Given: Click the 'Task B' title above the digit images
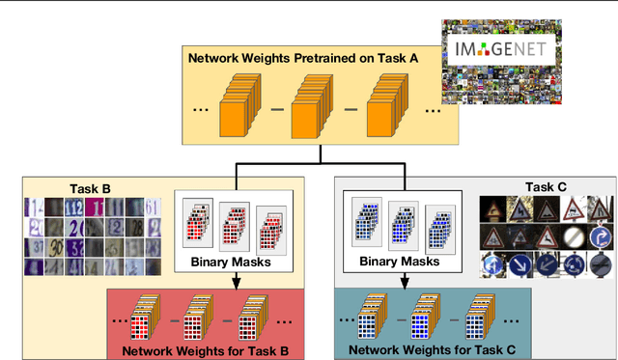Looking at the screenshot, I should click(x=91, y=188).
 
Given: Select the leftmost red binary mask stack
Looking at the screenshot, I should click(x=196, y=227).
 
